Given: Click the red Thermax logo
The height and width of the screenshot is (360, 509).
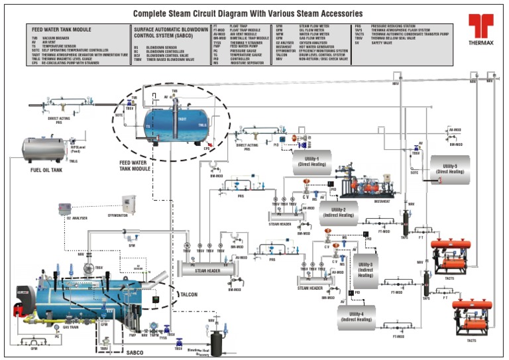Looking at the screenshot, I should tap(481, 29).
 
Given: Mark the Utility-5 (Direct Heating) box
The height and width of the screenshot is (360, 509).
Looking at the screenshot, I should tap(450, 168).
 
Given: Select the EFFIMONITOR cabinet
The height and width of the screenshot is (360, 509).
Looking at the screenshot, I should tap(128, 203).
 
